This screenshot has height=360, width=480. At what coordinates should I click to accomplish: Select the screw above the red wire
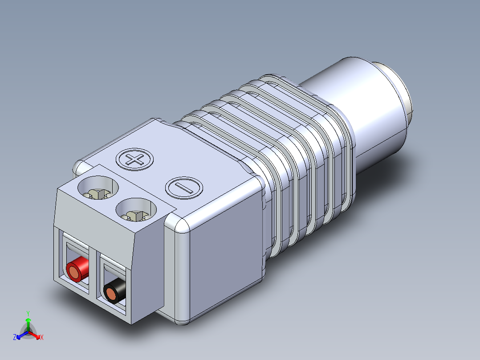(98, 193)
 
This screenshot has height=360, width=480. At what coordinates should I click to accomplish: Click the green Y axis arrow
(28, 320)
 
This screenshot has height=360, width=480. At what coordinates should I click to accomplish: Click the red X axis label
(42, 338)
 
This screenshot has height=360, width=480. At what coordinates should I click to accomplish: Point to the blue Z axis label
(15, 338)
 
